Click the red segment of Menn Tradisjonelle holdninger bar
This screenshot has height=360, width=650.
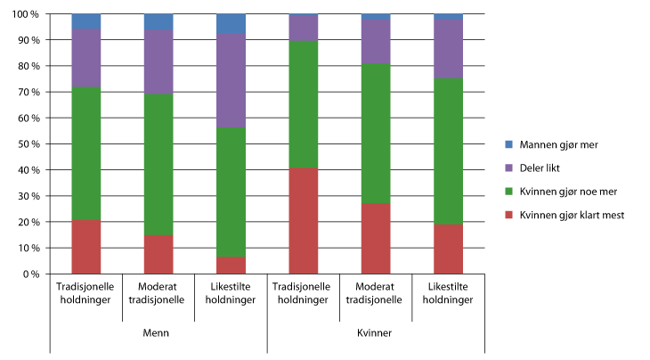pyautogui.click(x=85, y=247)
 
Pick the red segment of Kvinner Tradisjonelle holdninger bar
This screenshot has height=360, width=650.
pyautogui.click(x=304, y=220)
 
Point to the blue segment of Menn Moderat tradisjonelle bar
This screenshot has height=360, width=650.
pyautogui.click(x=158, y=21)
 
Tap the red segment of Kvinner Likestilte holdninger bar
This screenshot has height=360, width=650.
pyautogui.click(x=448, y=249)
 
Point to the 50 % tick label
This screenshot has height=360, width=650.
pyautogui.click(x=29, y=143)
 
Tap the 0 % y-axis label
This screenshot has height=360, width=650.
pyautogui.click(x=32, y=274)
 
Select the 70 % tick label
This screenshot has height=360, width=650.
pyautogui.click(x=29, y=92)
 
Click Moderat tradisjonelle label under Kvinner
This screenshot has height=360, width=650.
pyautogui.click(x=376, y=292)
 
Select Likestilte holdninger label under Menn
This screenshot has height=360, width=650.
pyautogui.click(x=231, y=292)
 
